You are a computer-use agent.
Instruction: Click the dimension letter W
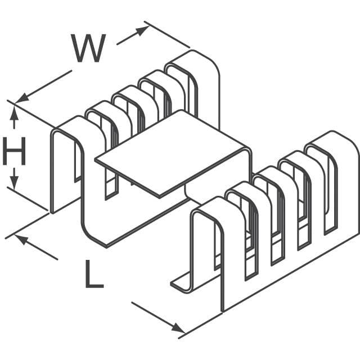click(x=88, y=49)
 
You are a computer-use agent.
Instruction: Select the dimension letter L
click(x=94, y=274)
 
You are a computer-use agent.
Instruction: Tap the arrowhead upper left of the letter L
click(x=21, y=238)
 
